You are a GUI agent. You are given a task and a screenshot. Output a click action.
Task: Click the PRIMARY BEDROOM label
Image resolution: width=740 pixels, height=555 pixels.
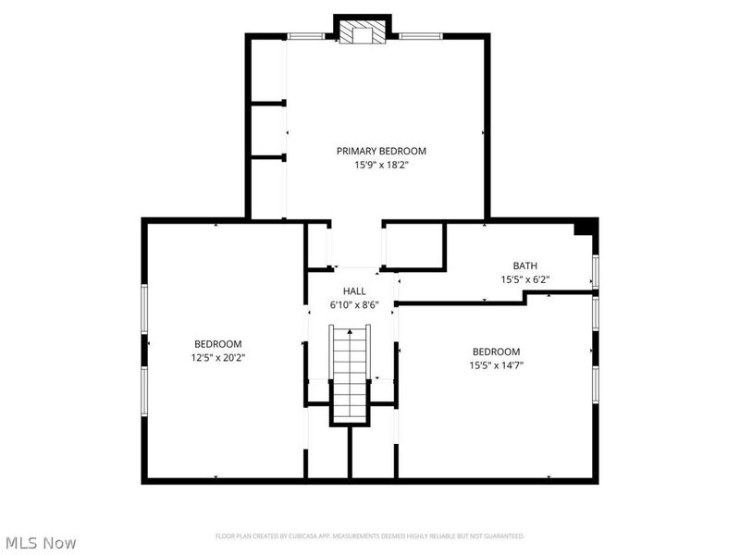pos(381,151)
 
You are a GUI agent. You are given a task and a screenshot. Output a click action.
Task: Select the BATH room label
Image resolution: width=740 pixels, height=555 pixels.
pos(525,265)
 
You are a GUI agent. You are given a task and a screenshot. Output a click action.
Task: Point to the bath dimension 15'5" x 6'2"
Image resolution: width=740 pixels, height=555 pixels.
pos(525,279)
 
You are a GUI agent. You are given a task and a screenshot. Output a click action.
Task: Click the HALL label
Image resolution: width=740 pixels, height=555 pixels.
pos(354,290)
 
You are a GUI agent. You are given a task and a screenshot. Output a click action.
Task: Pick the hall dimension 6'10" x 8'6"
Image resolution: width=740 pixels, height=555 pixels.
pos(354,304)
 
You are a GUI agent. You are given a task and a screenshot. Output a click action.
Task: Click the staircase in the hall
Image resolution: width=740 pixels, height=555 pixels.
pos(351,369)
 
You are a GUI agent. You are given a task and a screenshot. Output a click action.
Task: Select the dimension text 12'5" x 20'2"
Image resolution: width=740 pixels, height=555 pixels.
pos(217,357)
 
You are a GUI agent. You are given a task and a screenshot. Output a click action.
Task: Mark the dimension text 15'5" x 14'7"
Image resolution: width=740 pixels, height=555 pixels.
pos(497,365)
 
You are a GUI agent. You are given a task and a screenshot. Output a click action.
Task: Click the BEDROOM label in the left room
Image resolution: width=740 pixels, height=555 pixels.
pos(217,343)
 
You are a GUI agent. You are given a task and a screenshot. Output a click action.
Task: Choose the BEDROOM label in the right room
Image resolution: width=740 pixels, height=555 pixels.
pos(497,351)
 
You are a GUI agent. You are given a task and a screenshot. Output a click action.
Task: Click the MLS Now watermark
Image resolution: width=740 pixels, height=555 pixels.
pos(41,543)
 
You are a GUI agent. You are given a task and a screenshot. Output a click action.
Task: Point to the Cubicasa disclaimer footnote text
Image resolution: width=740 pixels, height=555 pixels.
pos(370,536)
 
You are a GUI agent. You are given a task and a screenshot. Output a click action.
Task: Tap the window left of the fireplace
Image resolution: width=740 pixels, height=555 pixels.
pos(305,37)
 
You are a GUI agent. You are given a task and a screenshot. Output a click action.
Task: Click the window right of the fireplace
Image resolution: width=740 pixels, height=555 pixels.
pos(421,37)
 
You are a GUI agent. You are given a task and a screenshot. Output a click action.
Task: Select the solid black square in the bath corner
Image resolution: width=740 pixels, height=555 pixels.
pos(586,228)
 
